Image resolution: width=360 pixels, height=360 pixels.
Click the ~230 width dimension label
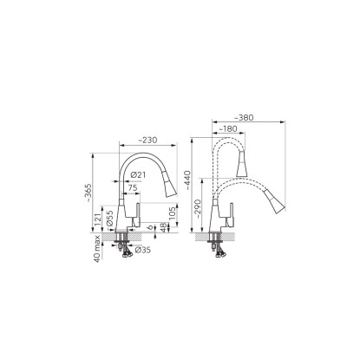coord(147,141)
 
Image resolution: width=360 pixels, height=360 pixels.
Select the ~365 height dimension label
coord(88,193)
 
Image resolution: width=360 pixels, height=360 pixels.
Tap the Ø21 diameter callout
coord(138,175)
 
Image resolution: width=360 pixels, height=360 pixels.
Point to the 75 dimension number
coord(133,187)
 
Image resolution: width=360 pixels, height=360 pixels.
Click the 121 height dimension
coord(97,220)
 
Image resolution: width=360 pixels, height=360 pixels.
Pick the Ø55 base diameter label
coord(109,219)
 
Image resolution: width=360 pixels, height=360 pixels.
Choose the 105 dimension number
coord(173,213)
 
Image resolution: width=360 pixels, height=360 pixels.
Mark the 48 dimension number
coord(164,227)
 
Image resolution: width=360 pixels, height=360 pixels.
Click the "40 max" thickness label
coord(97,249)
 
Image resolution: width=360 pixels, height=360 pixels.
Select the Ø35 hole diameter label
coord(143,250)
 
